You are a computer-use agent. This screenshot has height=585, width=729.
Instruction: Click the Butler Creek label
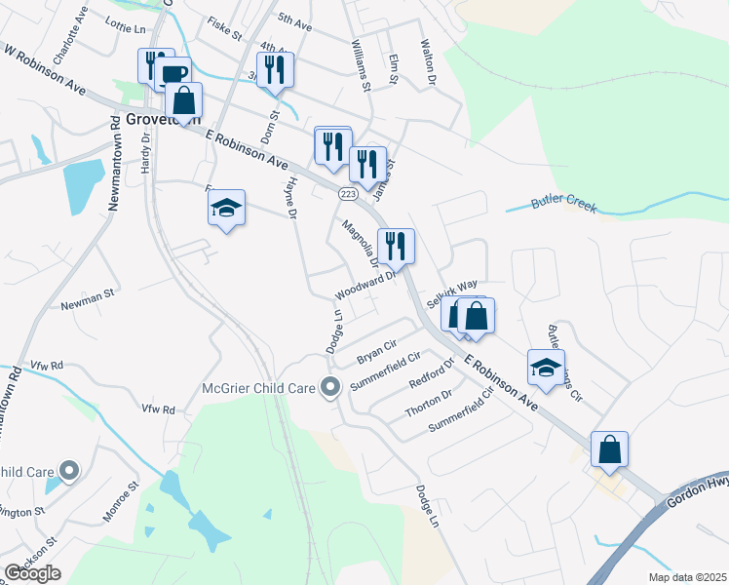[x=563, y=205]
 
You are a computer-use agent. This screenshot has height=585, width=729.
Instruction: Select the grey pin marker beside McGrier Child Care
[x=330, y=388]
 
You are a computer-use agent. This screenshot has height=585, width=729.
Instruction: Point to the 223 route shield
[x=348, y=195]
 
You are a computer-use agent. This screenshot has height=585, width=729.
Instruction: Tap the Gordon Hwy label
[x=695, y=498]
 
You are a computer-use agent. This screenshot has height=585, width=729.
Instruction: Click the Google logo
[x=32, y=573]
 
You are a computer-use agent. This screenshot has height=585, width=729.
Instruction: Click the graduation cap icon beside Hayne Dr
[x=226, y=207]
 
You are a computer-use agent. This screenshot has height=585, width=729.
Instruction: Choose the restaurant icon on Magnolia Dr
[x=396, y=245]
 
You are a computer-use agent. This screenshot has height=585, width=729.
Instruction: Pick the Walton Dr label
[x=426, y=62]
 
